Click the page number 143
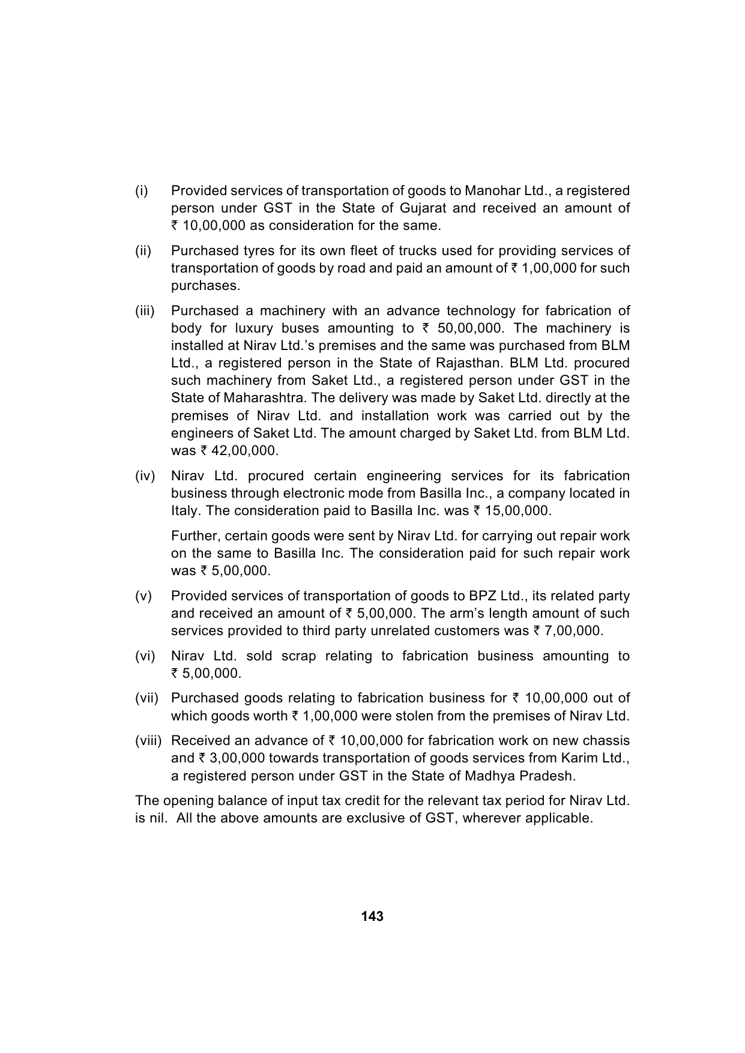click(372, 917)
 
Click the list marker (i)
click(141, 191)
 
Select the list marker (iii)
click(145, 311)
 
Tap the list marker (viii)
click(148, 741)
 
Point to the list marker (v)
click(143, 596)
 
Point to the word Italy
click(185, 511)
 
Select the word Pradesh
click(550, 776)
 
